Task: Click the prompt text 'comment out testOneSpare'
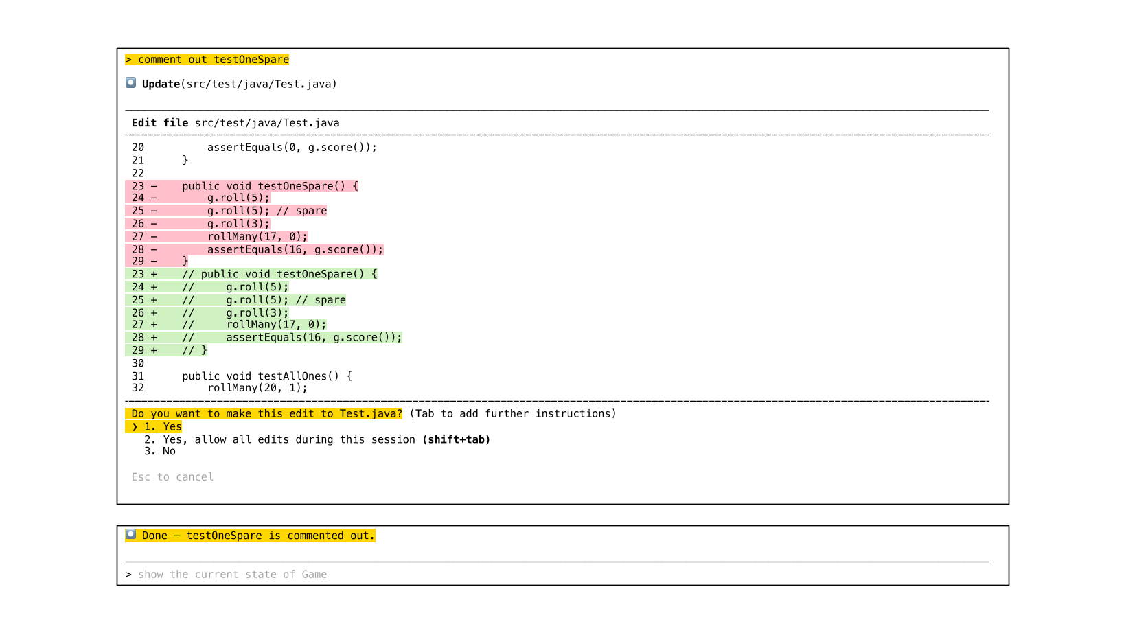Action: tap(213, 60)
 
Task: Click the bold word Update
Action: tap(161, 84)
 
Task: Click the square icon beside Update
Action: tap(130, 83)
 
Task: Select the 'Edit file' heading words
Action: tap(159, 123)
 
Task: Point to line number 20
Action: tap(138, 148)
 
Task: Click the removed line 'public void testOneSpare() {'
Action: tap(270, 186)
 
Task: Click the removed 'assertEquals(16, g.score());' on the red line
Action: tap(295, 250)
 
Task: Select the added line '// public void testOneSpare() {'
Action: tap(279, 274)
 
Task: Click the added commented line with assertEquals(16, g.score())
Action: tap(292, 338)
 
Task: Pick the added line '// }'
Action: tap(194, 350)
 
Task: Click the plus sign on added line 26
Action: tap(154, 313)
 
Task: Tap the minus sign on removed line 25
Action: tap(154, 211)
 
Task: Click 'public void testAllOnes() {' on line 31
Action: tap(266, 376)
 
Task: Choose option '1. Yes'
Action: tap(163, 427)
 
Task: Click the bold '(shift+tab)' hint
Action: tap(456, 439)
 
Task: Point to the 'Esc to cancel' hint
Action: tap(172, 477)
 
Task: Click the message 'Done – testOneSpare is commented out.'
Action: tap(258, 536)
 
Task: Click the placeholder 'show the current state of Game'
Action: tap(232, 575)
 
